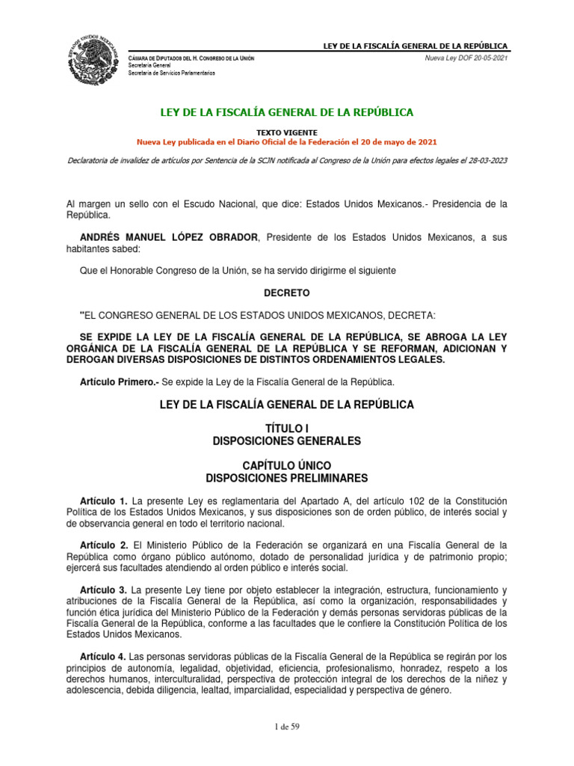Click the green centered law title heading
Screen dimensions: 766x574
pos(287,112)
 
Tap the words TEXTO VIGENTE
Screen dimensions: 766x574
pos(287,131)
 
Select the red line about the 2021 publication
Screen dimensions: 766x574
pos(287,141)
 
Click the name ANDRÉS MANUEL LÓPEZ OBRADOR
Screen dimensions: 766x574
pos(168,237)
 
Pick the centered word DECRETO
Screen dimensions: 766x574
pos(287,292)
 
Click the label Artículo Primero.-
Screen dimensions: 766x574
pos(111,382)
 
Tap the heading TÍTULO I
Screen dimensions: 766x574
pos(287,427)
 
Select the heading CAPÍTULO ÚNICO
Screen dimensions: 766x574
pos(287,465)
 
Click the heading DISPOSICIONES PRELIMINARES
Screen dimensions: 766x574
pos(287,478)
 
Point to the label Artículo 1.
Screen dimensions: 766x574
pos(104,500)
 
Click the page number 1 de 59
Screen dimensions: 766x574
pos(287,726)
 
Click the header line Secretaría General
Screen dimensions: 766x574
pos(150,66)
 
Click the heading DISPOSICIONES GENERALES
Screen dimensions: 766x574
pos(287,441)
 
